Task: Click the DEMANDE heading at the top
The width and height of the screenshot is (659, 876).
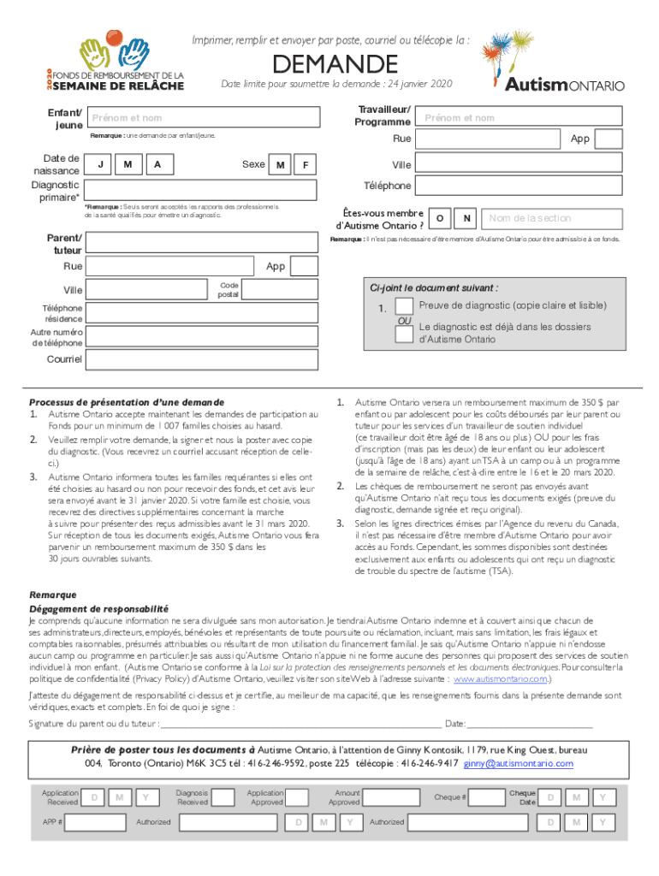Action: (x=335, y=64)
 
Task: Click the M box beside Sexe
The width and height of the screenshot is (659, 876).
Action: (x=280, y=164)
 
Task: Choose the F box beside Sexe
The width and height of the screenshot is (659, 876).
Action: (x=306, y=164)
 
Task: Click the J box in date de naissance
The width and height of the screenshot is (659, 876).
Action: (x=102, y=163)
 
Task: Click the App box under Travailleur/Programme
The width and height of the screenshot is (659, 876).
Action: (x=609, y=139)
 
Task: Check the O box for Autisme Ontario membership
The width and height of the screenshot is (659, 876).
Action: (x=439, y=218)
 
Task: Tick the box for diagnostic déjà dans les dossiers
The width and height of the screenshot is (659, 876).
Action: (x=405, y=333)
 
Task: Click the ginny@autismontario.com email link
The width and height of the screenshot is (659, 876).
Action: (x=519, y=763)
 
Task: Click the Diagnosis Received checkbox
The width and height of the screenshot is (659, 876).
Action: (x=223, y=797)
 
